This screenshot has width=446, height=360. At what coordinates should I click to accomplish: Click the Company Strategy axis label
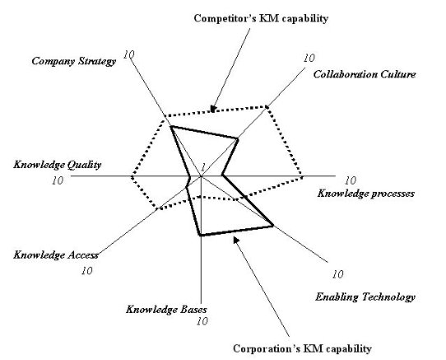tap(74, 62)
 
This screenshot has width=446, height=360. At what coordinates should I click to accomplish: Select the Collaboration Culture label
tap(365, 74)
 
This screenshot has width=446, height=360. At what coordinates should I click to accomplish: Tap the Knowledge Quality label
tap(57, 165)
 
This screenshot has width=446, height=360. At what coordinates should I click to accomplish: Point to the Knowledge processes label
tap(366, 194)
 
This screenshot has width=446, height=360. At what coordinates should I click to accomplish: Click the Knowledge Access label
tap(56, 255)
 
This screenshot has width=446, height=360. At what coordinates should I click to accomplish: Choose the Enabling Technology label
tap(365, 297)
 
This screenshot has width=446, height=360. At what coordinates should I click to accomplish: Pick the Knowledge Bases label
tap(166, 310)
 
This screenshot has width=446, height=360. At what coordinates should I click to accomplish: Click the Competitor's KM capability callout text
tap(261, 18)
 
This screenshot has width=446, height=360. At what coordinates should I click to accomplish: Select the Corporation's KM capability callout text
tap(302, 349)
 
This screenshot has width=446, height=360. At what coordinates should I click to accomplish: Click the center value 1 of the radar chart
tap(203, 167)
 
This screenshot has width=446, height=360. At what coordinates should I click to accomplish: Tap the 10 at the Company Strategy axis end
tap(129, 54)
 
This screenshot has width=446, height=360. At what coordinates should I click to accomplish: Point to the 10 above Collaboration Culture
tap(309, 58)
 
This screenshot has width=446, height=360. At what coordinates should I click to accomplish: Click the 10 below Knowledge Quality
tap(58, 180)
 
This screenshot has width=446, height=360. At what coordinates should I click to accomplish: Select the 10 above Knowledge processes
tap(351, 180)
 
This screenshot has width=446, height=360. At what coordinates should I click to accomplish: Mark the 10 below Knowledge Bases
tap(202, 321)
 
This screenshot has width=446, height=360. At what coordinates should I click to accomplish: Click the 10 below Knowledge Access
tap(86, 271)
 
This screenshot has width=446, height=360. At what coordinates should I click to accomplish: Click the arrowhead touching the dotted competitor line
tap(213, 109)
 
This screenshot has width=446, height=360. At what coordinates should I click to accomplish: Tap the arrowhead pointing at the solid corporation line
tap(236, 240)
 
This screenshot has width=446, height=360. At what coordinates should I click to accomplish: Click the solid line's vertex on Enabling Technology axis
tap(272, 226)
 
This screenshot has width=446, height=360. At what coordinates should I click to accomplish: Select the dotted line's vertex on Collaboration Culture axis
tap(267, 107)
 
